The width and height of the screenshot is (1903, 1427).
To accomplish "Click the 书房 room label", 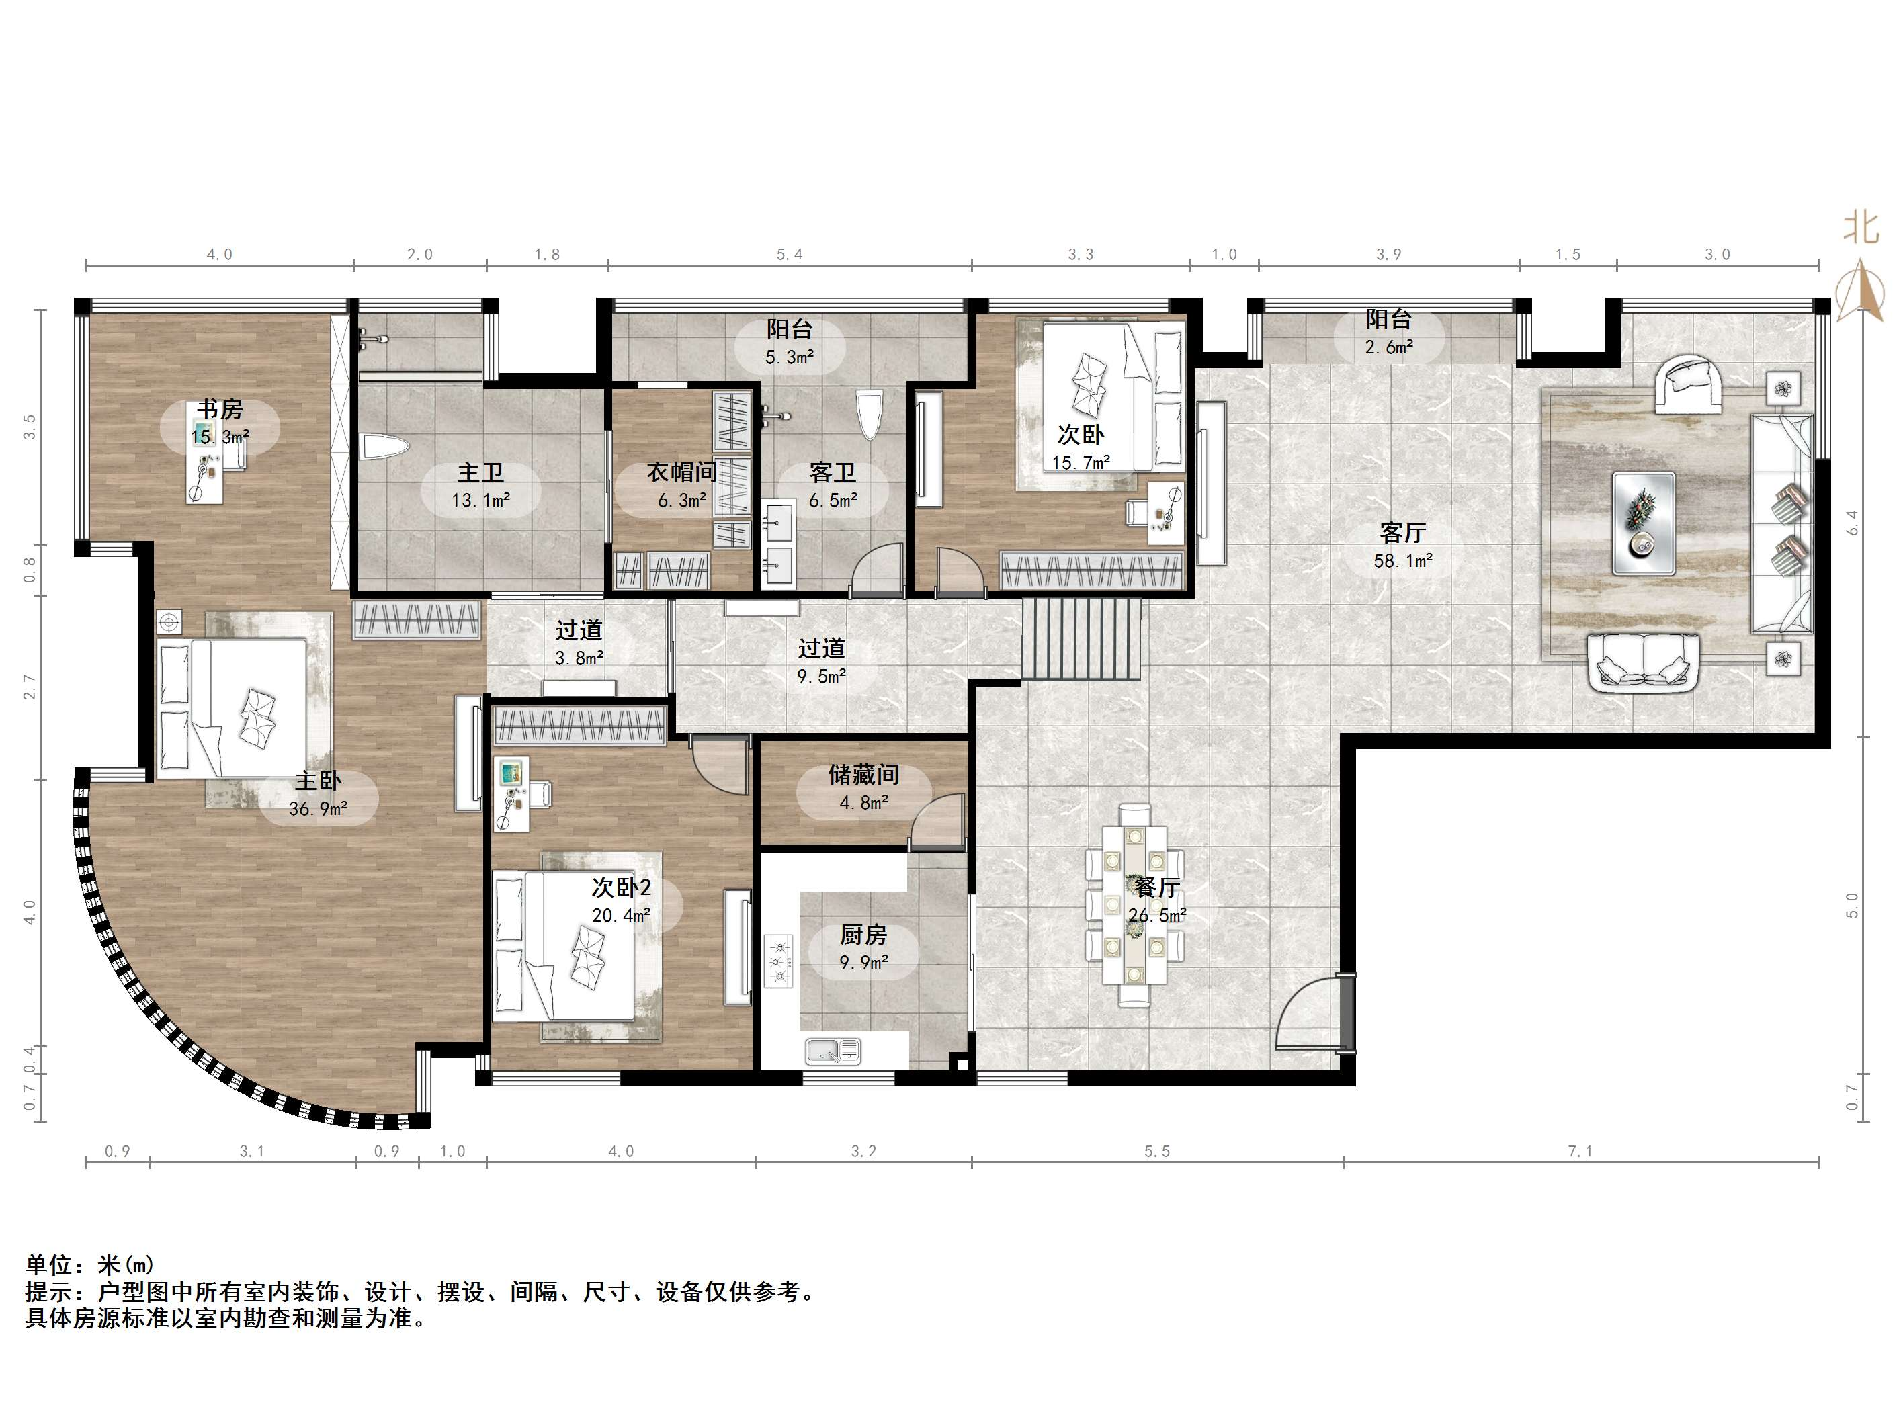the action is point(220,408).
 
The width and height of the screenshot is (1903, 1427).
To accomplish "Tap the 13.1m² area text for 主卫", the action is point(481,500).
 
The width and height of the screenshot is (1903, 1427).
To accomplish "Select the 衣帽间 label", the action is point(681,472).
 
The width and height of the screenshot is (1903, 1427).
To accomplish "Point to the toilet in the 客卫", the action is point(870,415).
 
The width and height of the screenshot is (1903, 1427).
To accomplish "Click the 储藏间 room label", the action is point(863,774).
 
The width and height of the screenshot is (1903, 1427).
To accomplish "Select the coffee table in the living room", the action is point(1643,523).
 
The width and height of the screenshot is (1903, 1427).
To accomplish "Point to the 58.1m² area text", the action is point(1403,561).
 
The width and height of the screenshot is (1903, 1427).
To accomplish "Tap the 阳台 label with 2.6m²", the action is point(1388,319).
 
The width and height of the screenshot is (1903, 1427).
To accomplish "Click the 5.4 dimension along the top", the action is point(790,255).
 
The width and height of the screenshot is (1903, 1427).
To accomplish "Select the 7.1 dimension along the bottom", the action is point(1580,1151).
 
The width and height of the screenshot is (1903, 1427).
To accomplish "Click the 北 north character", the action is point(1861,228).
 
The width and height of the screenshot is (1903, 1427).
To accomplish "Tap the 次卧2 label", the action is point(621,888).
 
